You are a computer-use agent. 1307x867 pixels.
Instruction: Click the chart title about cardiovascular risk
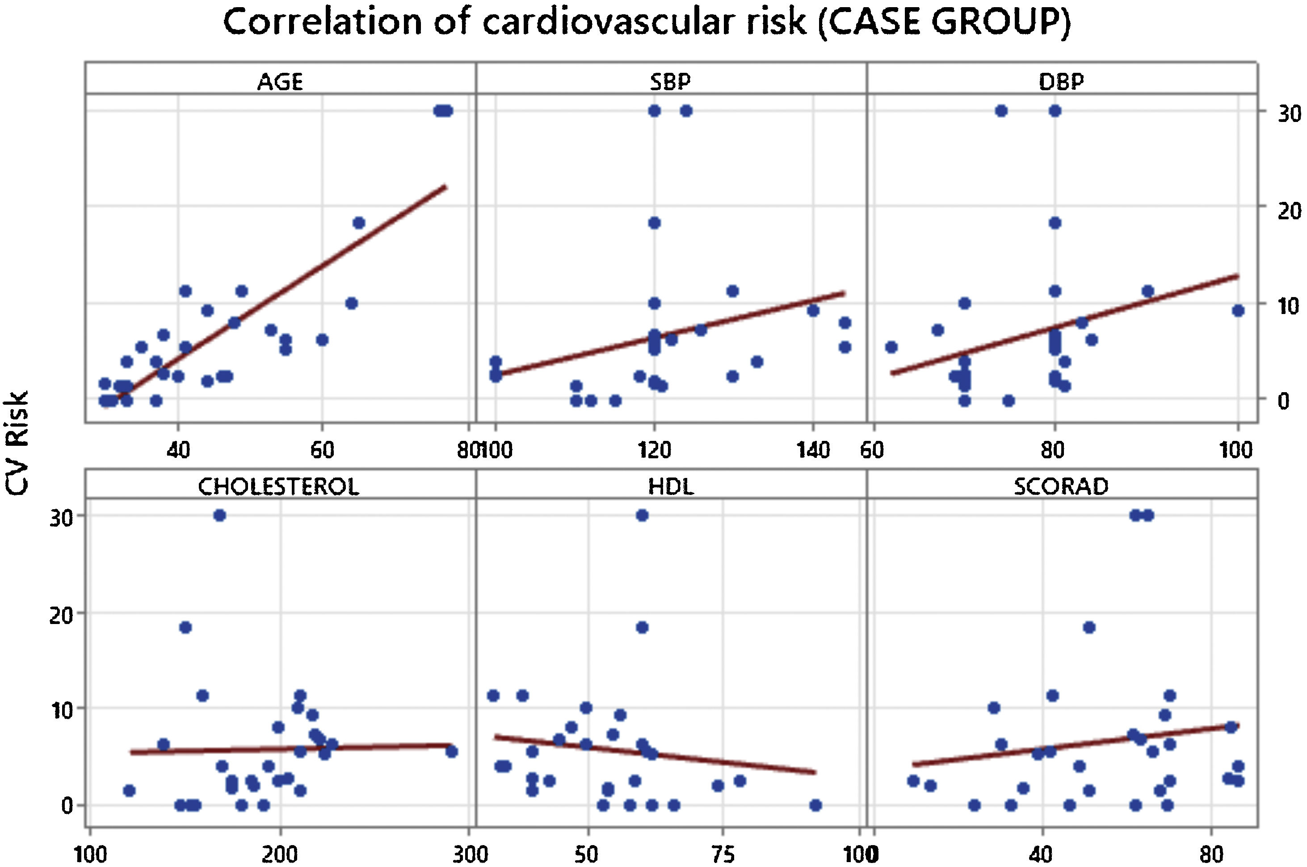tap(647, 22)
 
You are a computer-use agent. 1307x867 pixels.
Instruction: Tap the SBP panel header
tap(670, 82)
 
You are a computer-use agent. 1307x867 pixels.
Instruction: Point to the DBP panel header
tap(1061, 82)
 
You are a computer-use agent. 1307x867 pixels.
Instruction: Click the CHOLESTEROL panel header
tap(279, 486)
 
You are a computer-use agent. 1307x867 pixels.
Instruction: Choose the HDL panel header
tap(670, 486)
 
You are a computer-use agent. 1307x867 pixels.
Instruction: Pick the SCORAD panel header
tap(1061, 486)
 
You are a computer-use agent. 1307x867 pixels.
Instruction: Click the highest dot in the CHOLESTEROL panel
tap(219, 515)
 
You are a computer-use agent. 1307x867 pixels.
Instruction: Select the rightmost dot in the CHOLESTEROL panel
tap(451, 751)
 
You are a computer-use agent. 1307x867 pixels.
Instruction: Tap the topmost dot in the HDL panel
tap(642, 515)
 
